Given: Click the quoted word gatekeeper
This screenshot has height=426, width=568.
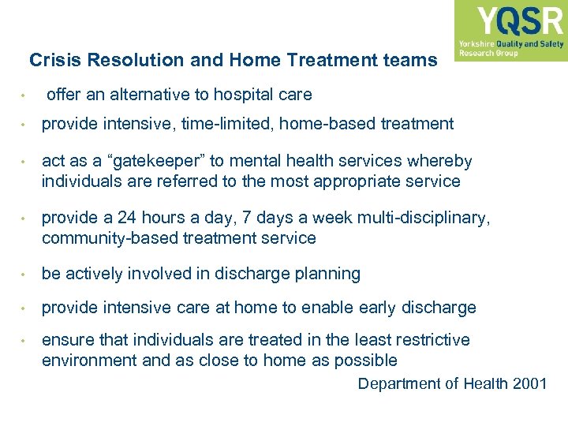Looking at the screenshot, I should pyautogui.click(x=153, y=162).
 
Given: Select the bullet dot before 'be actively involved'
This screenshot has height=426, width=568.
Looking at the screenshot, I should pyautogui.click(x=25, y=275).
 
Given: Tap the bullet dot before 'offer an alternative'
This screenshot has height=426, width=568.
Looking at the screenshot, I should pyautogui.click(x=25, y=95).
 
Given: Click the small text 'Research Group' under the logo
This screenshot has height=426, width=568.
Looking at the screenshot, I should pyautogui.click(x=488, y=54).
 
